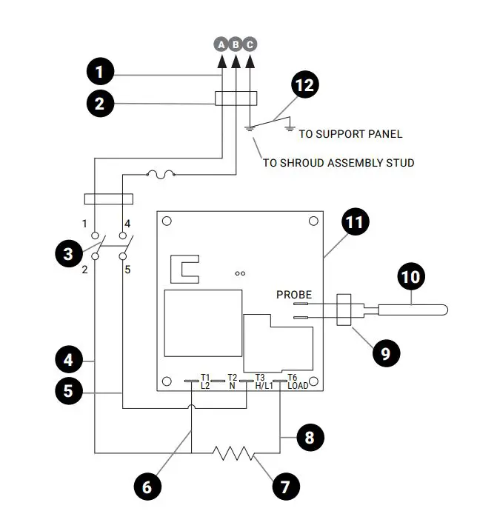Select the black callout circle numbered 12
coord(304,86)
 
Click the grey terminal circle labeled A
coord(221,44)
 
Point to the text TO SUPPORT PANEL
coord(350,134)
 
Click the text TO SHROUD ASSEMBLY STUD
coord(338,162)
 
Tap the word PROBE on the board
coord(294,294)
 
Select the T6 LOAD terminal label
coord(297,381)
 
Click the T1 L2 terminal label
coord(205,381)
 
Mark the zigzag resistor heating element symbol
coord(235,451)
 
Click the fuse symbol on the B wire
coord(160,176)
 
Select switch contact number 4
coord(127,224)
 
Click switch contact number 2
coord(84,269)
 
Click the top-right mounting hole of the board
coord(314,221)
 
